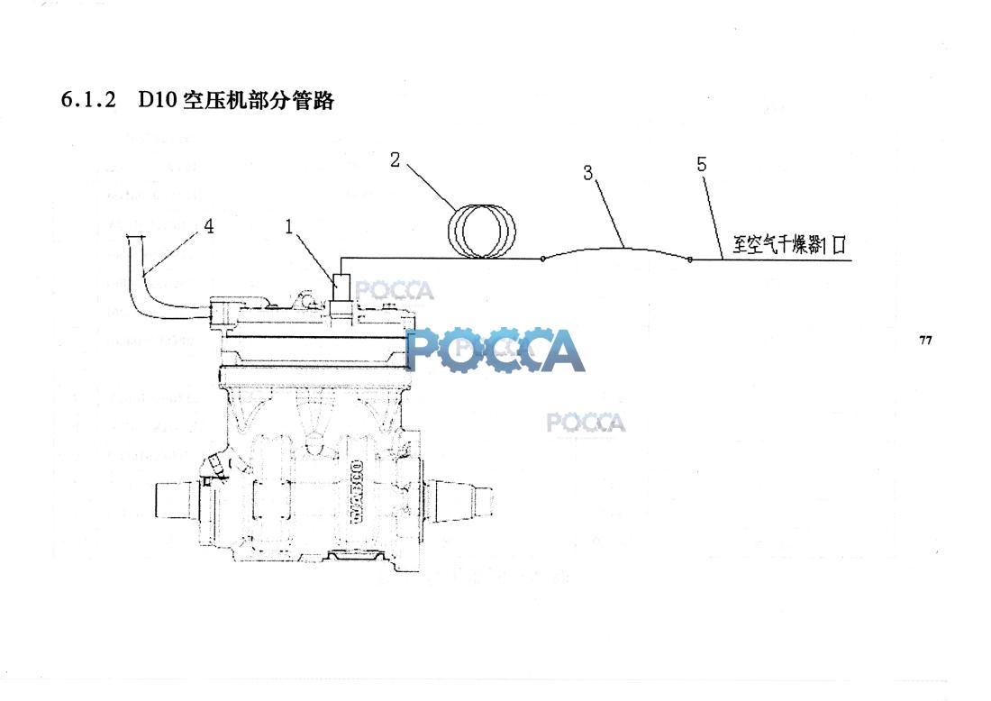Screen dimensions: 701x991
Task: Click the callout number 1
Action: tap(289, 226)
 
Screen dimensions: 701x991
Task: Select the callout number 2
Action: tap(395, 159)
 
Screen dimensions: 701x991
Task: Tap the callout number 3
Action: tap(587, 172)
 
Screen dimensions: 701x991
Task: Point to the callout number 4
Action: tap(208, 226)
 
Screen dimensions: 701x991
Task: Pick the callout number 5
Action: tap(702, 164)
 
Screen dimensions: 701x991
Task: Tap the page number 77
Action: tap(925, 340)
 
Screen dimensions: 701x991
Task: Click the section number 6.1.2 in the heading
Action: tap(88, 100)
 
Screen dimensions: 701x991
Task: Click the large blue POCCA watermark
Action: tap(495, 350)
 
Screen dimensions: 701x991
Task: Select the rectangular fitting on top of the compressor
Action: tap(342, 289)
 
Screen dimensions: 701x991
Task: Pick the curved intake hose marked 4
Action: tap(150, 281)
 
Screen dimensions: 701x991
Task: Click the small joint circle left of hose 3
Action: tap(542, 259)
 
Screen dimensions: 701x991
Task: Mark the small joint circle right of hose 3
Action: tap(689, 259)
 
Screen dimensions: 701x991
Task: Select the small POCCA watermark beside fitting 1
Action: tap(395, 290)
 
